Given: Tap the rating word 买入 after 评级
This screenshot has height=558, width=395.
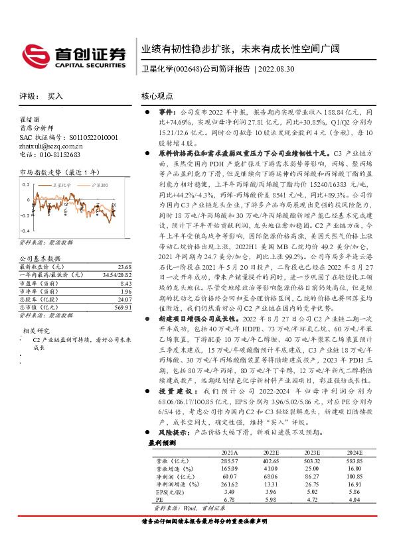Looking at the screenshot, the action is [55, 96].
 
